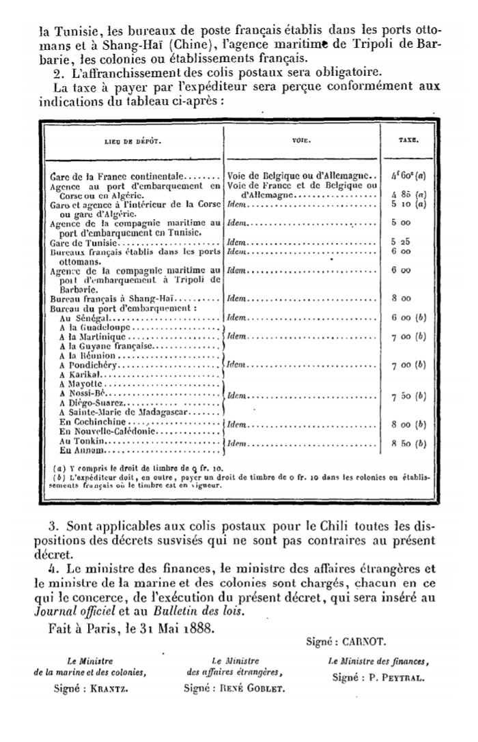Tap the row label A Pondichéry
coord(89,365)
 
